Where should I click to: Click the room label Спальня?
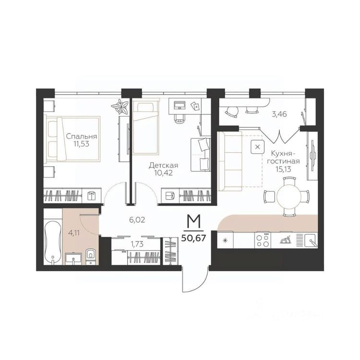pyautogui.click(x=82, y=137)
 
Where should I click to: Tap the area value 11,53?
pyautogui.click(x=81, y=144)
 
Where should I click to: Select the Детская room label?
pyautogui.click(x=164, y=165)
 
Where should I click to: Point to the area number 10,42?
pyautogui.click(x=164, y=173)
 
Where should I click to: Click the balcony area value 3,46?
pyautogui.click(x=279, y=114)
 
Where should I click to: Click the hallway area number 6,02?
pyautogui.click(x=137, y=220)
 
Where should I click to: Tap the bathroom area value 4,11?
pyautogui.click(x=74, y=233)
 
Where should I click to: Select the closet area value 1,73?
pyautogui.click(x=137, y=244)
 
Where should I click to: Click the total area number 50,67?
pyautogui.click(x=193, y=238)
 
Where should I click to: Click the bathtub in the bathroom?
pyautogui.click(x=53, y=242)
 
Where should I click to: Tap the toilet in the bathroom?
pyautogui.click(x=91, y=256)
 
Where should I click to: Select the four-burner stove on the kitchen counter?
pyautogui.click(x=263, y=240)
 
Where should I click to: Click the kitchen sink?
pyautogui.click(x=311, y=240)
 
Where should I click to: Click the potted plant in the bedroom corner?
pyautogui.click(x=120, y=106)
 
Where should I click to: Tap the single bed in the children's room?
pyautogui.click(x=146, y=128)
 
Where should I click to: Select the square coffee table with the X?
pyautogui.click(x=258, y=147)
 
